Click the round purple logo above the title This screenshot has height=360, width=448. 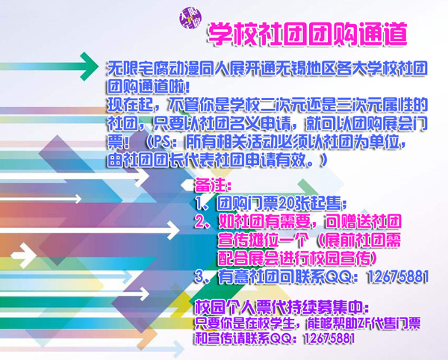(190, 18)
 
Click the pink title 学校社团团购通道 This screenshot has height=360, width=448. (307, 34)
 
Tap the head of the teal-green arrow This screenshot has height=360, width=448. (89, 66)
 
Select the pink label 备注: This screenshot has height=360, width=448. (213, 185)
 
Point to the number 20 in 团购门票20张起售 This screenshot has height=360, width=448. (286, 203)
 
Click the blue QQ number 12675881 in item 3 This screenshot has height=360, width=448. (398, 276)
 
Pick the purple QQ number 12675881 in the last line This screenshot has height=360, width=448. (329, 338)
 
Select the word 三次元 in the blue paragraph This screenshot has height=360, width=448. (360, 105)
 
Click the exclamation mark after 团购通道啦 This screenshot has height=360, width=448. (187, 87)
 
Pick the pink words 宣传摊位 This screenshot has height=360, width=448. (248, 240)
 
